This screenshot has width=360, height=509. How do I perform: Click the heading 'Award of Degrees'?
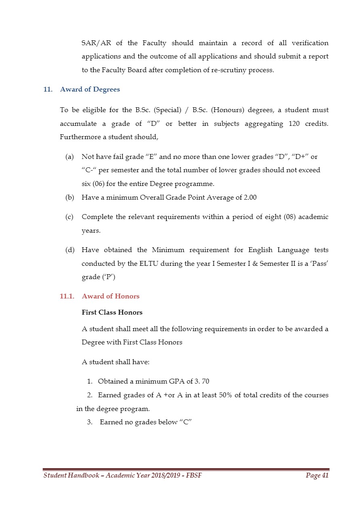pyautogui.click(x=90, y=90)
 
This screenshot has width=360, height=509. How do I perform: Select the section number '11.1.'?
pyautogui.click(x=67, y=296)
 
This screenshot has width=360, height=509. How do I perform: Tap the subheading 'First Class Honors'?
pyautogui.click(x=112, y=313)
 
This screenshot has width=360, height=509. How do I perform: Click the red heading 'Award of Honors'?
pyautogui.click(x=111, y=296)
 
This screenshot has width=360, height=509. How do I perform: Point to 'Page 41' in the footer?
pyautogui.click(x=317, y=476)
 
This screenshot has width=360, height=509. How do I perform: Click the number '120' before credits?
pyautogui.click(x=295, y=124)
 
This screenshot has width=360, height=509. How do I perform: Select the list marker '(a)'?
pyautogui.click(x=69, y=156)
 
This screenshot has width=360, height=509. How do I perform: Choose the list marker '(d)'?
pyautogui.click(x=69, y=250)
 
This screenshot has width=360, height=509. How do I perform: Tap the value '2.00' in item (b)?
pyautogui.click(x=249, y=198)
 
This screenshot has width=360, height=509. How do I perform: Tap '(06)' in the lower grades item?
pyautogui.click(x=100, y=184)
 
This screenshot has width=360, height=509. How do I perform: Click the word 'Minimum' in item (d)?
pyautogui.click(x=168, y=250)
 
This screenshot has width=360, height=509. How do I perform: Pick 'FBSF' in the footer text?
pyautogui.click(x=194, y=476)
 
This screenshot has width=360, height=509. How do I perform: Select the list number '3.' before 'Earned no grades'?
pyautogui.click(x=90, y=422)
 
